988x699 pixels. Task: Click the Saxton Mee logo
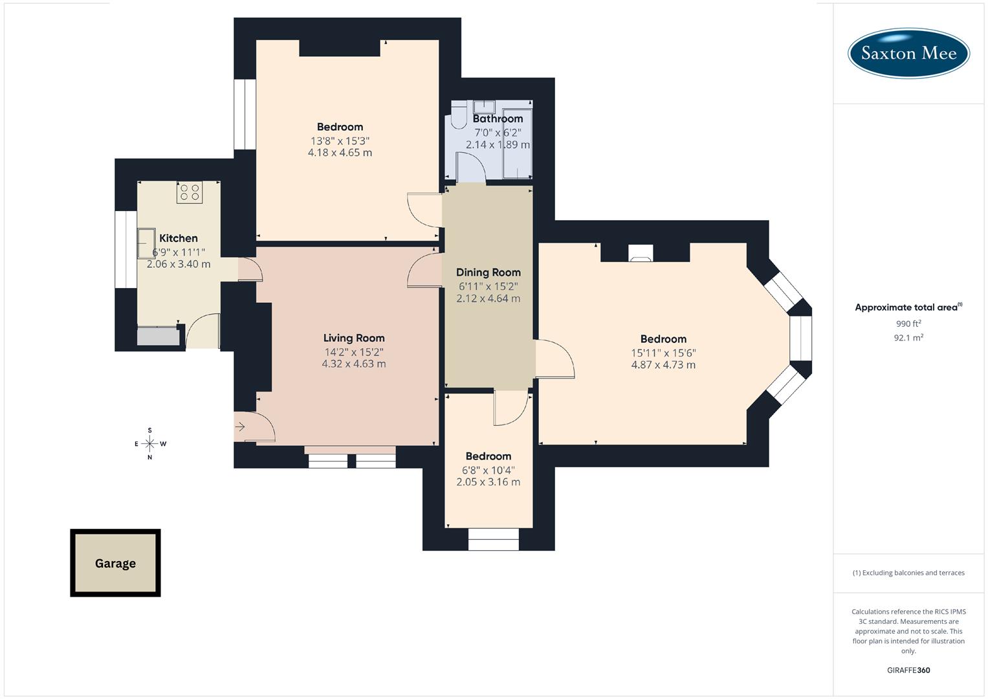(x=908, y=53)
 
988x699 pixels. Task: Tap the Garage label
(x=115, y=563)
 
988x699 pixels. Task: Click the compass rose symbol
(x=149, y=443)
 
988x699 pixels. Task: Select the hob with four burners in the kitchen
(x=190, y=192)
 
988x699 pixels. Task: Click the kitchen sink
(x=146, y=243)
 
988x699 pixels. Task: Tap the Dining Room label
(x=488, y=272)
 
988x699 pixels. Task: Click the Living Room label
(x=354, y=338)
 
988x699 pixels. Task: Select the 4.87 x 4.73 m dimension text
(x=663, y=365)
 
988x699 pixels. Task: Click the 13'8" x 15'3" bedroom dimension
(x=340, y=140)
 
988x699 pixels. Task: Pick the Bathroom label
(x=498, y=118)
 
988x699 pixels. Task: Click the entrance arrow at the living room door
(x=240, y=427)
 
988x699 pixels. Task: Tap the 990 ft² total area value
(x=908, y=324)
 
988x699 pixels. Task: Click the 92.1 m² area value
(x=908, y=337)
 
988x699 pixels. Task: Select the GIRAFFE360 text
(x=908, y=670)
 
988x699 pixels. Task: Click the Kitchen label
(x=179, y=238)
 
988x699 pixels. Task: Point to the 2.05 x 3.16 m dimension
(x=488, y=482)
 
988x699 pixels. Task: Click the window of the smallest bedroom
(x=493, y=539)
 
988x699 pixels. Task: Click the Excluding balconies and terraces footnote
(x=908, y=573)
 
